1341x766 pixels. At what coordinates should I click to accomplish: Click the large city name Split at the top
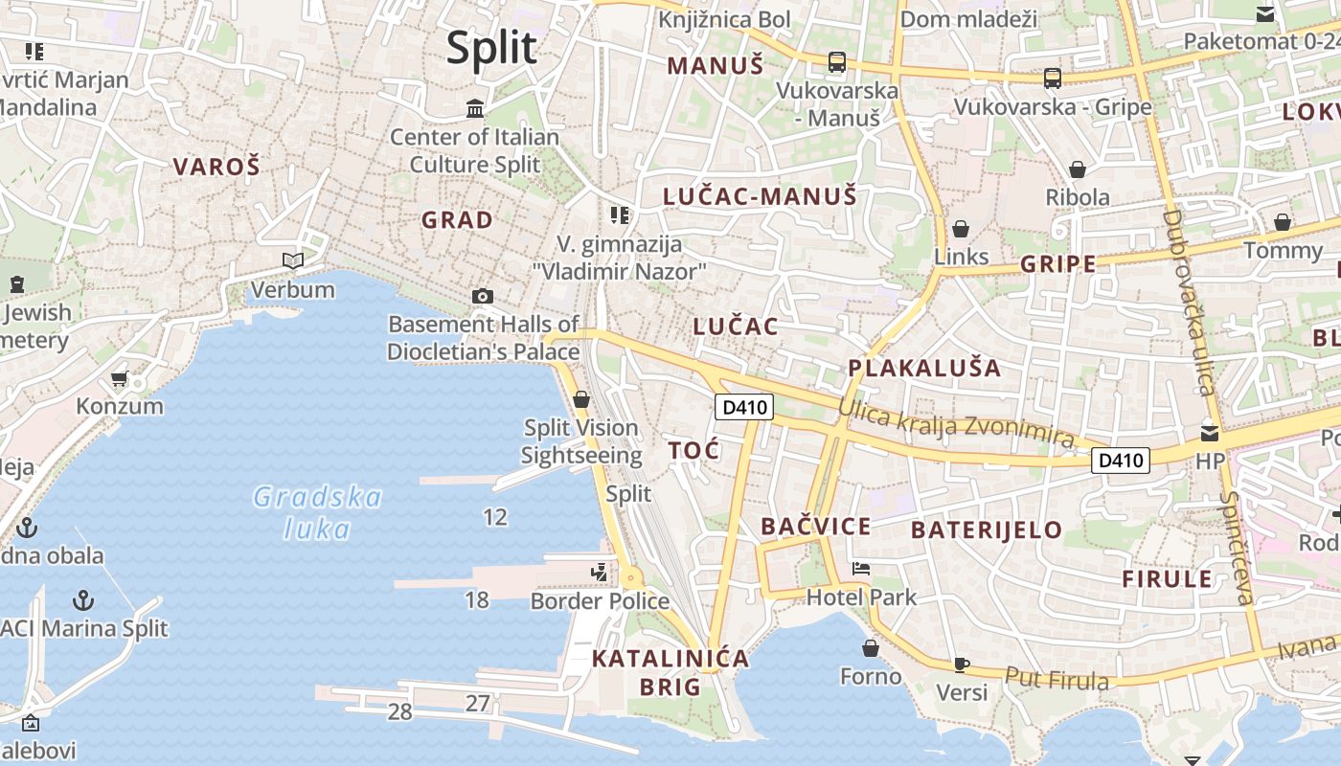[491, 47]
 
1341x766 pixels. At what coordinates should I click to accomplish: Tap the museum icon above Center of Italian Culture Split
[475, 108]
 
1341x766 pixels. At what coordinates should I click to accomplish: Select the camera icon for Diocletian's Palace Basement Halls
[483, 296]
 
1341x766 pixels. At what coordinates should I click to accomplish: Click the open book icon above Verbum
[293, 260]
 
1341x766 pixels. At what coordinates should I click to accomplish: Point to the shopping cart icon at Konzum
[120, 379]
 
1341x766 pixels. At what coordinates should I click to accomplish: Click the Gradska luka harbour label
[317, 512]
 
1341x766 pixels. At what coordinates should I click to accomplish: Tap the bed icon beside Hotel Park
[861, 569]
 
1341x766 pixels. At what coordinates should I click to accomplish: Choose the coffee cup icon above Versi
[962, 664]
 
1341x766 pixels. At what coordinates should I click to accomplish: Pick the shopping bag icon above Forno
[871, 648]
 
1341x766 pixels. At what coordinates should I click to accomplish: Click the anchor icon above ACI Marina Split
[84, 600]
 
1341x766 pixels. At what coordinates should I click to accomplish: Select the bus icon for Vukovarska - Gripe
[1053, 79]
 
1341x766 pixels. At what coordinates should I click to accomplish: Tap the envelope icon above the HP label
[1210, 433]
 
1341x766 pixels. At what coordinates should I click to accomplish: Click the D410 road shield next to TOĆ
[744, 407]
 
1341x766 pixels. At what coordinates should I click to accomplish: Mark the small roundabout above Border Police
[630, 578]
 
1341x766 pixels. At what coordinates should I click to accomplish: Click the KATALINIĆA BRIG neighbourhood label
[670, 671]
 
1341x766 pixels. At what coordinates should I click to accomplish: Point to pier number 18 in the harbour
[476, 600]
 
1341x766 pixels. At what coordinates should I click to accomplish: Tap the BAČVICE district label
[816, 526]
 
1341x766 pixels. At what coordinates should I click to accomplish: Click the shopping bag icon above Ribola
[1078, 169]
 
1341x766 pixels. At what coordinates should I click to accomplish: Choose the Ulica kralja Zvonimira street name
[955, 422]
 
